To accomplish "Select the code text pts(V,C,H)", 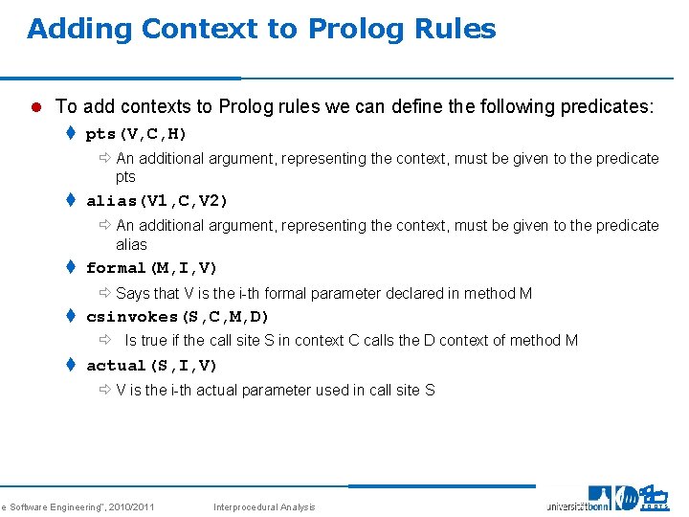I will coord(137,133).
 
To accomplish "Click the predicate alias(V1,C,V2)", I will coord(157,201).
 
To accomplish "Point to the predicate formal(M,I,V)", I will coord(152,268).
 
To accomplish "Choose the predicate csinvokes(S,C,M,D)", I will coord(178,316).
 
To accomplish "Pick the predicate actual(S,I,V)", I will coord(152,366).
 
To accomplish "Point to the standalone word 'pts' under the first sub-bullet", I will coord(125,177).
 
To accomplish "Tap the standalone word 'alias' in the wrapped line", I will coord(131,244).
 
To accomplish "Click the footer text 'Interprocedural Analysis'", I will coord(264,506).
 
